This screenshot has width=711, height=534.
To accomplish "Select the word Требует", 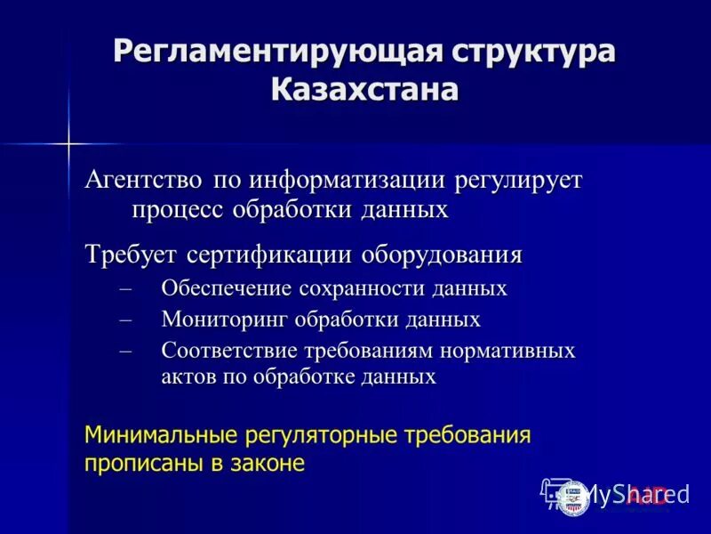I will [x=132, y=255].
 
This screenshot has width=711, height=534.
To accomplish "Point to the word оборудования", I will [x=441, y=255].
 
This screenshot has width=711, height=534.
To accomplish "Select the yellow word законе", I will [x=266, y=463].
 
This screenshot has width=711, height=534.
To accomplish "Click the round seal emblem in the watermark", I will [x=574, y=496].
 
